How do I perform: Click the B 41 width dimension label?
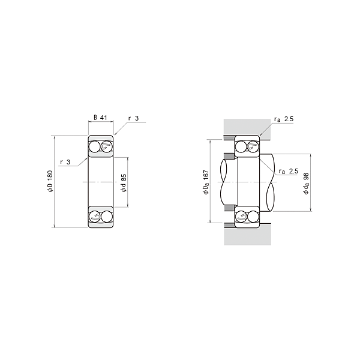click(101, 118)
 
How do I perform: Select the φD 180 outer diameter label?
click(50, 181)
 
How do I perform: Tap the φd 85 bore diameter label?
click(124, 183)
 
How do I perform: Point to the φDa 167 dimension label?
click(206, 182)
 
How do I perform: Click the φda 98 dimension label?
click(307, 184)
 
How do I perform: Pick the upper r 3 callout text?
click(133, 118)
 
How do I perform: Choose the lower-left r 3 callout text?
click(65, 162)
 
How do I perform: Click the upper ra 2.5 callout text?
click(284, 119)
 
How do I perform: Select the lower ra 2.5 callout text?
click(289, 171)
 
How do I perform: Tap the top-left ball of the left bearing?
click(95, 147)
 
